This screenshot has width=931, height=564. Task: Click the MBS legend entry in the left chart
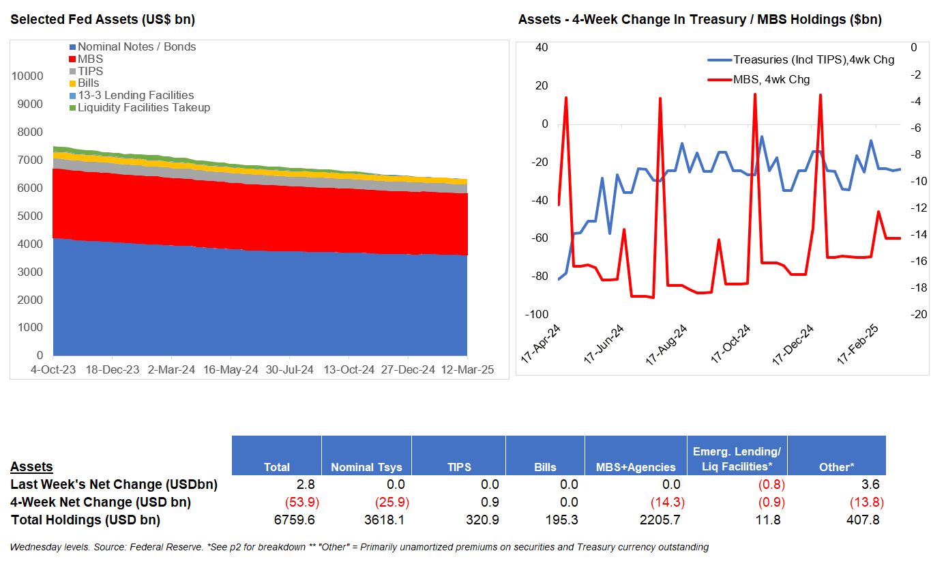90,59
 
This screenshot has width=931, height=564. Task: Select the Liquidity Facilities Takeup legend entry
143,108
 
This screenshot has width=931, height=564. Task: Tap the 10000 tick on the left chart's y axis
27,76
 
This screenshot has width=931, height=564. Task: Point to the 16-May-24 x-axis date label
231,369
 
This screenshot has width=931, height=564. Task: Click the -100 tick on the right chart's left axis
537,314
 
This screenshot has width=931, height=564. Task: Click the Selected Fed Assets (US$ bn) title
102,20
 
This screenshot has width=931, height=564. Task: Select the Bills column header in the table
545,468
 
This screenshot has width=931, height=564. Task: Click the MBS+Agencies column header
636,468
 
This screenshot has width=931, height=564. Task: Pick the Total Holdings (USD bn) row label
85,520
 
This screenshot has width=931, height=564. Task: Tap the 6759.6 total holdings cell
293,520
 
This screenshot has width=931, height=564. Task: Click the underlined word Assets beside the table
31,467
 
